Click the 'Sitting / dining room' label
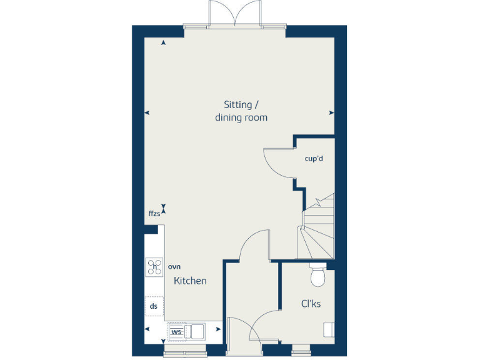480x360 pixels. pos(241,111)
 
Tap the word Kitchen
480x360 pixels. pos(190,281)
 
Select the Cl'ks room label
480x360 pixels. pos(311,304)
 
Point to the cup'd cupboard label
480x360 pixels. pos(314,158)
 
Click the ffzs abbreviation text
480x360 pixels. pos(154,214)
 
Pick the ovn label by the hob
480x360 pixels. pos(174,266)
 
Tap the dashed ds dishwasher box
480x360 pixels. pos(154,306)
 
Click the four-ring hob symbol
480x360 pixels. pos(154,267)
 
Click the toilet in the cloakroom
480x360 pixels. pos(318,276)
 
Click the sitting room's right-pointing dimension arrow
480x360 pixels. pos(332,113)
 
